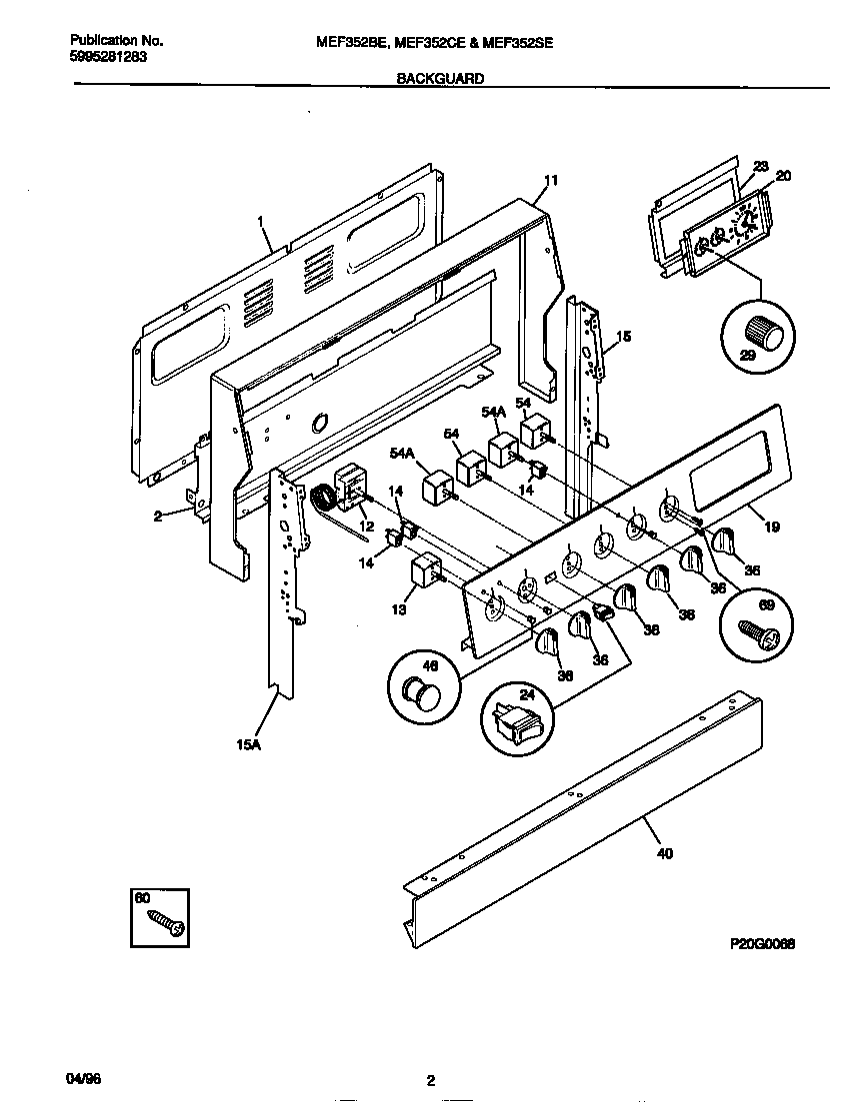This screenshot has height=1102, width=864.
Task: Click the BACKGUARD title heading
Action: click(440, 78)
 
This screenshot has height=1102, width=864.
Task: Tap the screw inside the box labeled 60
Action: click(165, 921)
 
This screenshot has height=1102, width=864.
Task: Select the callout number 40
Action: click(665, 853)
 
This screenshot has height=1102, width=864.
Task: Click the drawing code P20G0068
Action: click(762, 942)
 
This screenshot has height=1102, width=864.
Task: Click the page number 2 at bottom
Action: click(431, 1080)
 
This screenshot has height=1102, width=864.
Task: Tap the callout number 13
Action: click(399, 608)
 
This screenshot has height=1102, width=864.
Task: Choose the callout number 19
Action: click(771, 527)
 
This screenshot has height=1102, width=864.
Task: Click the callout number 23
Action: click(760, 166)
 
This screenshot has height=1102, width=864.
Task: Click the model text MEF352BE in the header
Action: click(350, 42)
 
